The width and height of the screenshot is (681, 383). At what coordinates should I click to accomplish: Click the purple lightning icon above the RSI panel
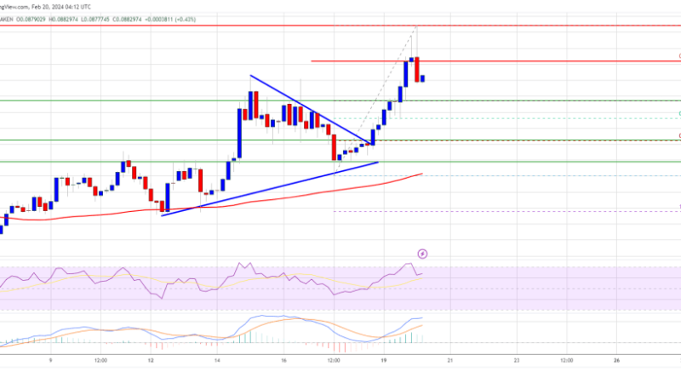(423, 254)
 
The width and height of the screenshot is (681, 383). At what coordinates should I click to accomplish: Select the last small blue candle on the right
(423, 78)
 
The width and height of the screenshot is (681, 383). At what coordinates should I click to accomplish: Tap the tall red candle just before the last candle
(416, 70)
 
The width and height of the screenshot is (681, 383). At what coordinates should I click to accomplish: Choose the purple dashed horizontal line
(511, 212)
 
